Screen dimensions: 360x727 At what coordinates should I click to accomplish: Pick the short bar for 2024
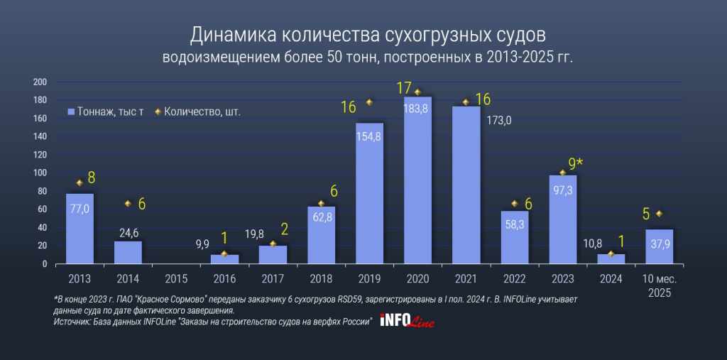(611, 259)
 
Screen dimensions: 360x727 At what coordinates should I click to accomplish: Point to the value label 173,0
(498, 121)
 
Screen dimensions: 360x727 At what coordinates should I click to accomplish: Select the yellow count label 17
(404, 89)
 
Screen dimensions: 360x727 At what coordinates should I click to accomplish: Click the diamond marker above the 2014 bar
(128, 204)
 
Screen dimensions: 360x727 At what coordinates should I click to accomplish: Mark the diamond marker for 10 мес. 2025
(659, 214)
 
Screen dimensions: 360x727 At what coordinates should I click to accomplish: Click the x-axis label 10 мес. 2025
(659, 285)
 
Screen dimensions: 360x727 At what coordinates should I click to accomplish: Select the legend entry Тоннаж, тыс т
(106, 112)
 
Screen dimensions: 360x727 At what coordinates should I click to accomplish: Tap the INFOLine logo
(408, 321)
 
